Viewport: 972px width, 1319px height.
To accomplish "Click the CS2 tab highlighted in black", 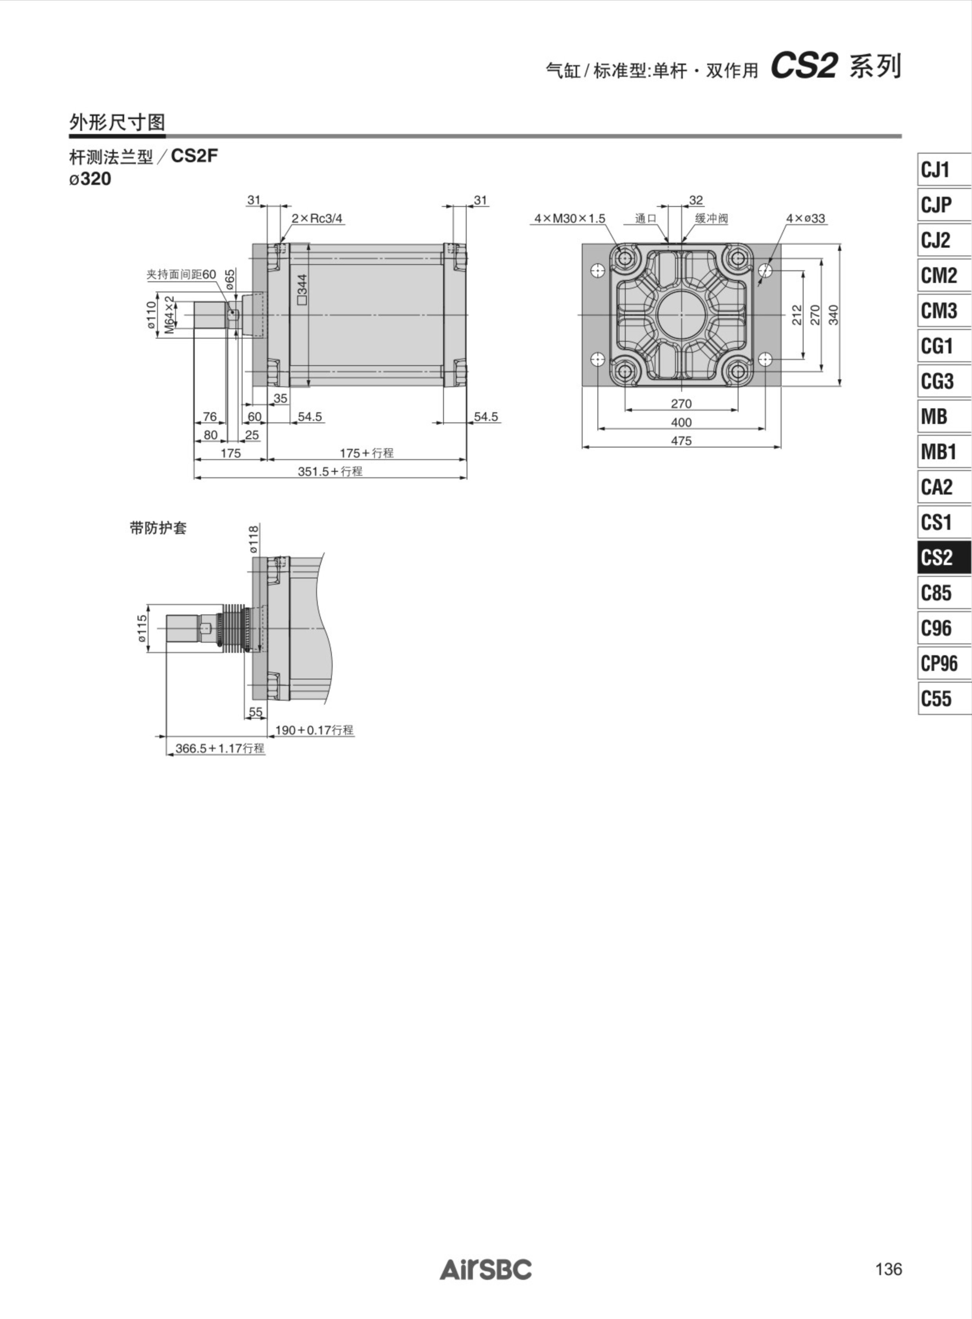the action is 944,557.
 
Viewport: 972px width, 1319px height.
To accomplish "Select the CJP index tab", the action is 944,204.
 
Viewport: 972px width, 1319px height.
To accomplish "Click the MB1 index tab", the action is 944,451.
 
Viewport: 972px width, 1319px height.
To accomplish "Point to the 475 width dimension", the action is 681,440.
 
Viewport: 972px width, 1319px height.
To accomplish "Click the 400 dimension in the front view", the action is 681,422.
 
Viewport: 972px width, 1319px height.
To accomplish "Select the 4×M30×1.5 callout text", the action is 570,218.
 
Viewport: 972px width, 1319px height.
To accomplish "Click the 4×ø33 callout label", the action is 805,218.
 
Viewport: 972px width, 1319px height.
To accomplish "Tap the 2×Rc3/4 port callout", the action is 317,218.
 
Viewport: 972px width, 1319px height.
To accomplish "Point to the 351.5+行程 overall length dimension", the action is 330,471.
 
